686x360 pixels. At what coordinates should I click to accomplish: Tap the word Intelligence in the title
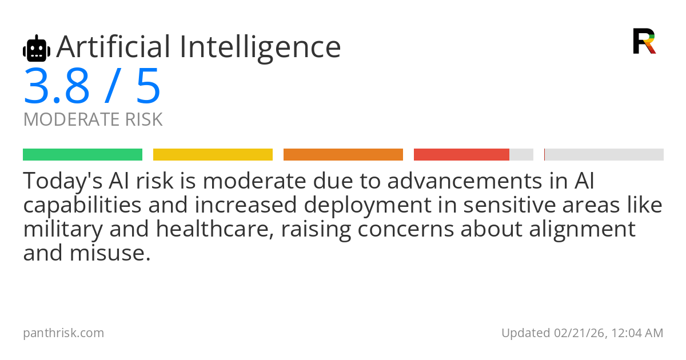tap(260, 47)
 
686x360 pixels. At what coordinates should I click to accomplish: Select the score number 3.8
tap(57, 87)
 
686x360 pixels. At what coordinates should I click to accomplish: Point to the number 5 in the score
tap(148, 87)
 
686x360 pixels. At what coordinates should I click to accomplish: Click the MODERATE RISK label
tap(93, 120)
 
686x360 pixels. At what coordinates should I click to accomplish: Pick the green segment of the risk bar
tap(82, 155)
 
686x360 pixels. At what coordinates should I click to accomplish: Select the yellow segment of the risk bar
tap(213, 155)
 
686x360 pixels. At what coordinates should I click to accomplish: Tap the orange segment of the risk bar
tap(343, 155)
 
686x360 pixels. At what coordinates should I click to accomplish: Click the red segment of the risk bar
tap(461, 155)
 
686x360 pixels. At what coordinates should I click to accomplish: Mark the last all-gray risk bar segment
tap(604, 155)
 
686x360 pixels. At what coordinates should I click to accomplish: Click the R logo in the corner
tap(644, 41)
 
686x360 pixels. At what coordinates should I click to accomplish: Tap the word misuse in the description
tap(111, 252)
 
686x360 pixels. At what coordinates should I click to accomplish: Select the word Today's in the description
tap(61, 182)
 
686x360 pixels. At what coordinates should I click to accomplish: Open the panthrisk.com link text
tap(63, 333)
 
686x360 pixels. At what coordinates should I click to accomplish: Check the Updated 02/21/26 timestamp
tap(582, 333)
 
